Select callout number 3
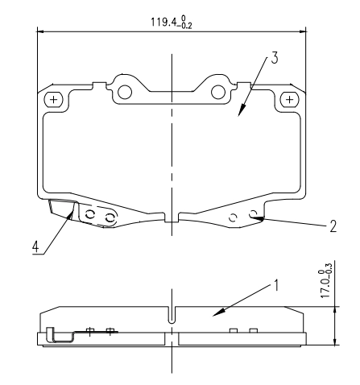pos(274,59)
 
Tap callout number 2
pos(333,226)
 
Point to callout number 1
pos(278,284)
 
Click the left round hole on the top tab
pos(124,91)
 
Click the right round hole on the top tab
pos(218,91)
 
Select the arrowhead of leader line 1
pos(215,316)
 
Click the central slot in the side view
pos(172,317)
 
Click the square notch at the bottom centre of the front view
pos(171,217)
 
